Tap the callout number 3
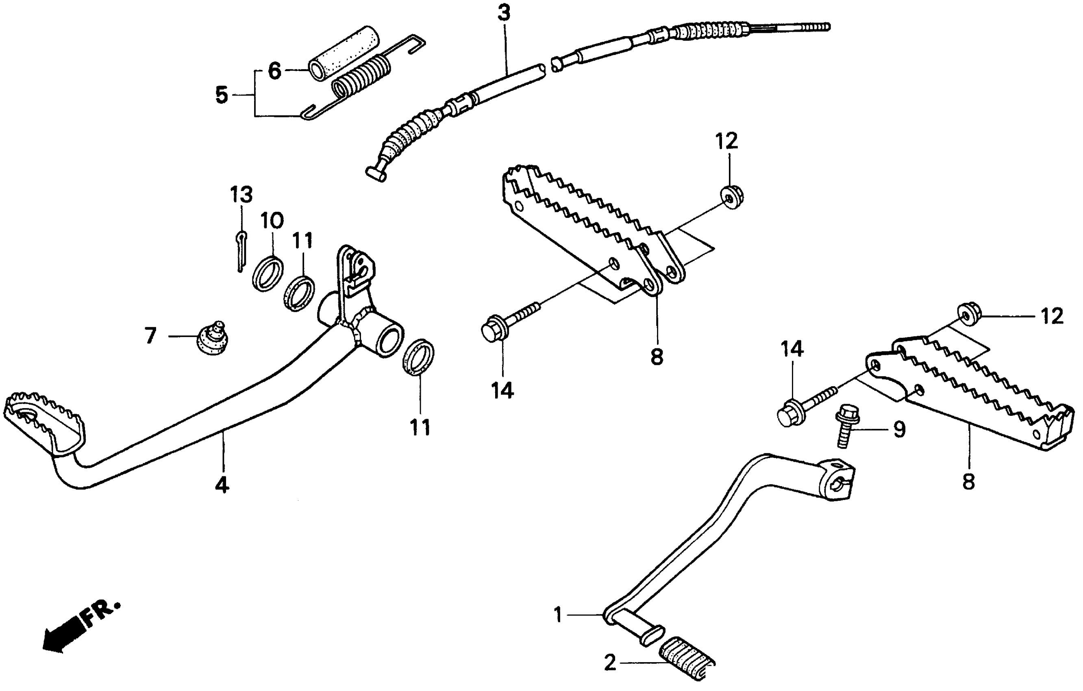(504, 13)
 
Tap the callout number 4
(222, 485)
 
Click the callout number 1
(558, 614)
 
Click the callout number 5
(222, 95)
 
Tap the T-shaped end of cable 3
(375, 174)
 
